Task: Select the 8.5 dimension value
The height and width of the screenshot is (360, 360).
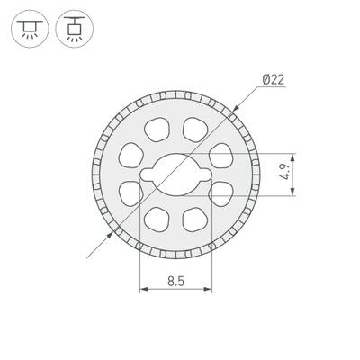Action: pyautogui.click(x=175, y=282)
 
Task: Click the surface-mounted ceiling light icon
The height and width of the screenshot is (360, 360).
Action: pyautogui.click(x=28, y=30)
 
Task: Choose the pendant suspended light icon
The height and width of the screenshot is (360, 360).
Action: pyautogui.click(x=73, y=30)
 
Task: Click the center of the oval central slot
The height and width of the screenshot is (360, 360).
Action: pyautogui.click(x=176, y=170)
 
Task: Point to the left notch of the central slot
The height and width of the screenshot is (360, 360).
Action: pyautogui.click(x=144, y=170)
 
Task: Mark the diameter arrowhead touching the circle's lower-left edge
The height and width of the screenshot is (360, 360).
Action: pyautogui.click(x=118, y=229)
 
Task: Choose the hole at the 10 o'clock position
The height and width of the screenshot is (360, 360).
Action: pyautogui.click(x=134, y=152)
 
